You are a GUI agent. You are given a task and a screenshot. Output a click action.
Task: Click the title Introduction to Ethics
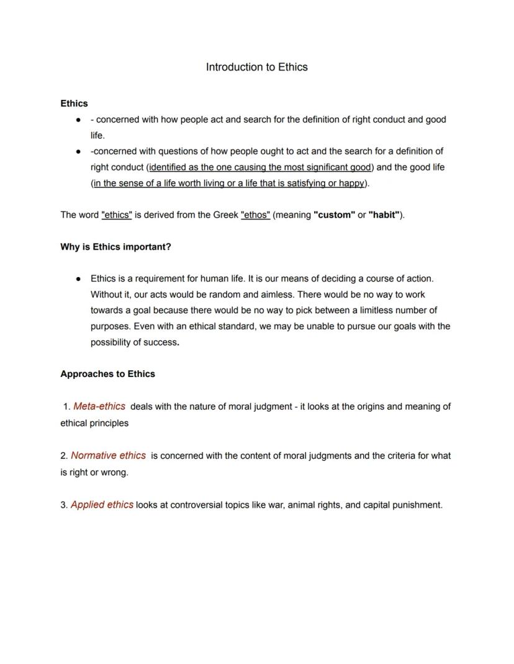coord(256,67)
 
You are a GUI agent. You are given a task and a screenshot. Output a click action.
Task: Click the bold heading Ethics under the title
coord(74,104)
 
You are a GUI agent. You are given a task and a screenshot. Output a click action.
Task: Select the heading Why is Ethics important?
coord(115,247)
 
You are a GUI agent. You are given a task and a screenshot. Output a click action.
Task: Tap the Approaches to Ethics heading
coord(107,374)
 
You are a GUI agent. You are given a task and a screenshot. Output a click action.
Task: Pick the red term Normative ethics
coord(108,456)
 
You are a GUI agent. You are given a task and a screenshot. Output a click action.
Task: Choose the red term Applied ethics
coord(102,505)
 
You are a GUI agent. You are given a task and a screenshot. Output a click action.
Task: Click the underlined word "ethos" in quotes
coord(255,215)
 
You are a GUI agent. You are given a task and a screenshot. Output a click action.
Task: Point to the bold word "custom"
coord(334,215)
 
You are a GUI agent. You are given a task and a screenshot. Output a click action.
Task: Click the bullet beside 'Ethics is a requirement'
coord(78,279)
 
